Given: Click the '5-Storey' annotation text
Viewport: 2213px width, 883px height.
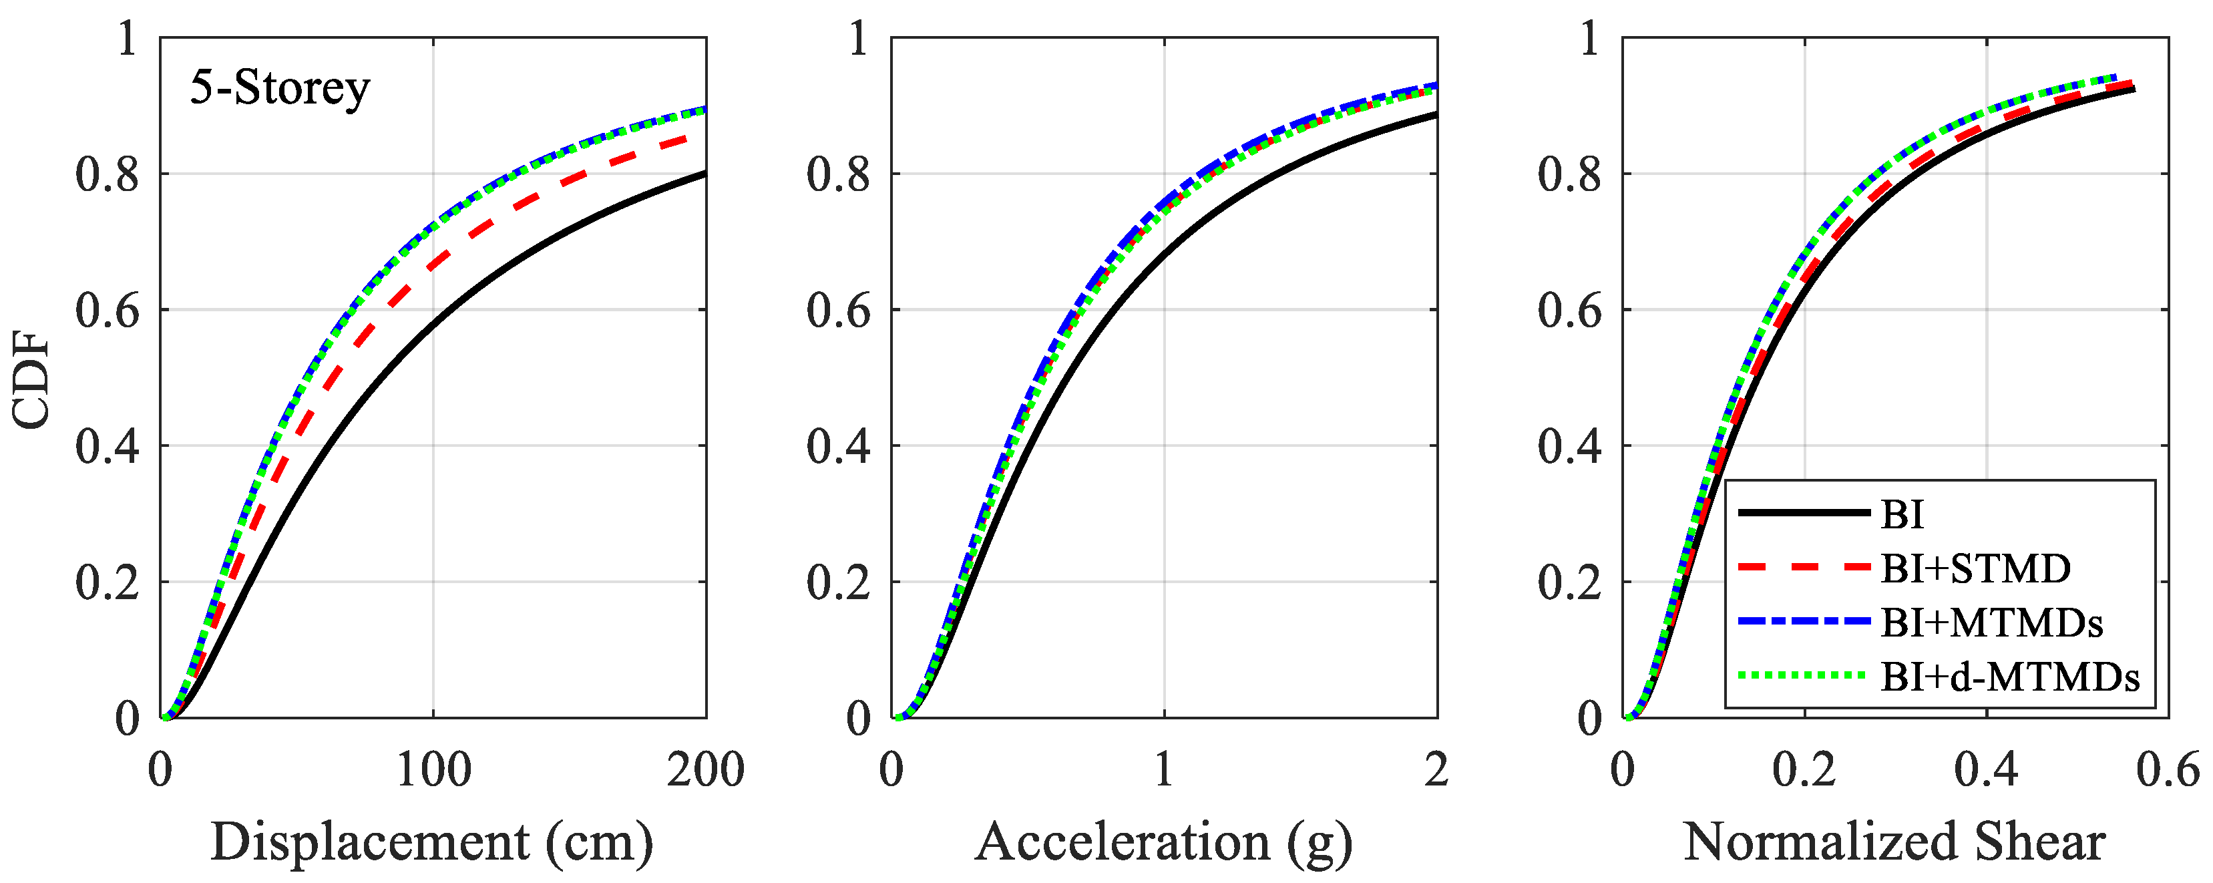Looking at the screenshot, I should coord(279,88).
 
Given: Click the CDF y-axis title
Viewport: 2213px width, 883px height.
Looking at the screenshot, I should coord(32,379).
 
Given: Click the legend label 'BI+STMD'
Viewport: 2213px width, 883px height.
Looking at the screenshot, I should coord(1975,568).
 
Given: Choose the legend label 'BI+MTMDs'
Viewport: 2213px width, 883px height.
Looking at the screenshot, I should coord(1991,623).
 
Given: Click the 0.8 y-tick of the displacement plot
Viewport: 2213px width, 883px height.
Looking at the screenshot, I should coord(107,174).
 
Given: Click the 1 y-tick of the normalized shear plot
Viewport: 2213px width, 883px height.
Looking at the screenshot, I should coord(1589,39).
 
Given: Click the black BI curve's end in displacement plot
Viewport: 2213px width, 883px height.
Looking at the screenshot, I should coord(704,174).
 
